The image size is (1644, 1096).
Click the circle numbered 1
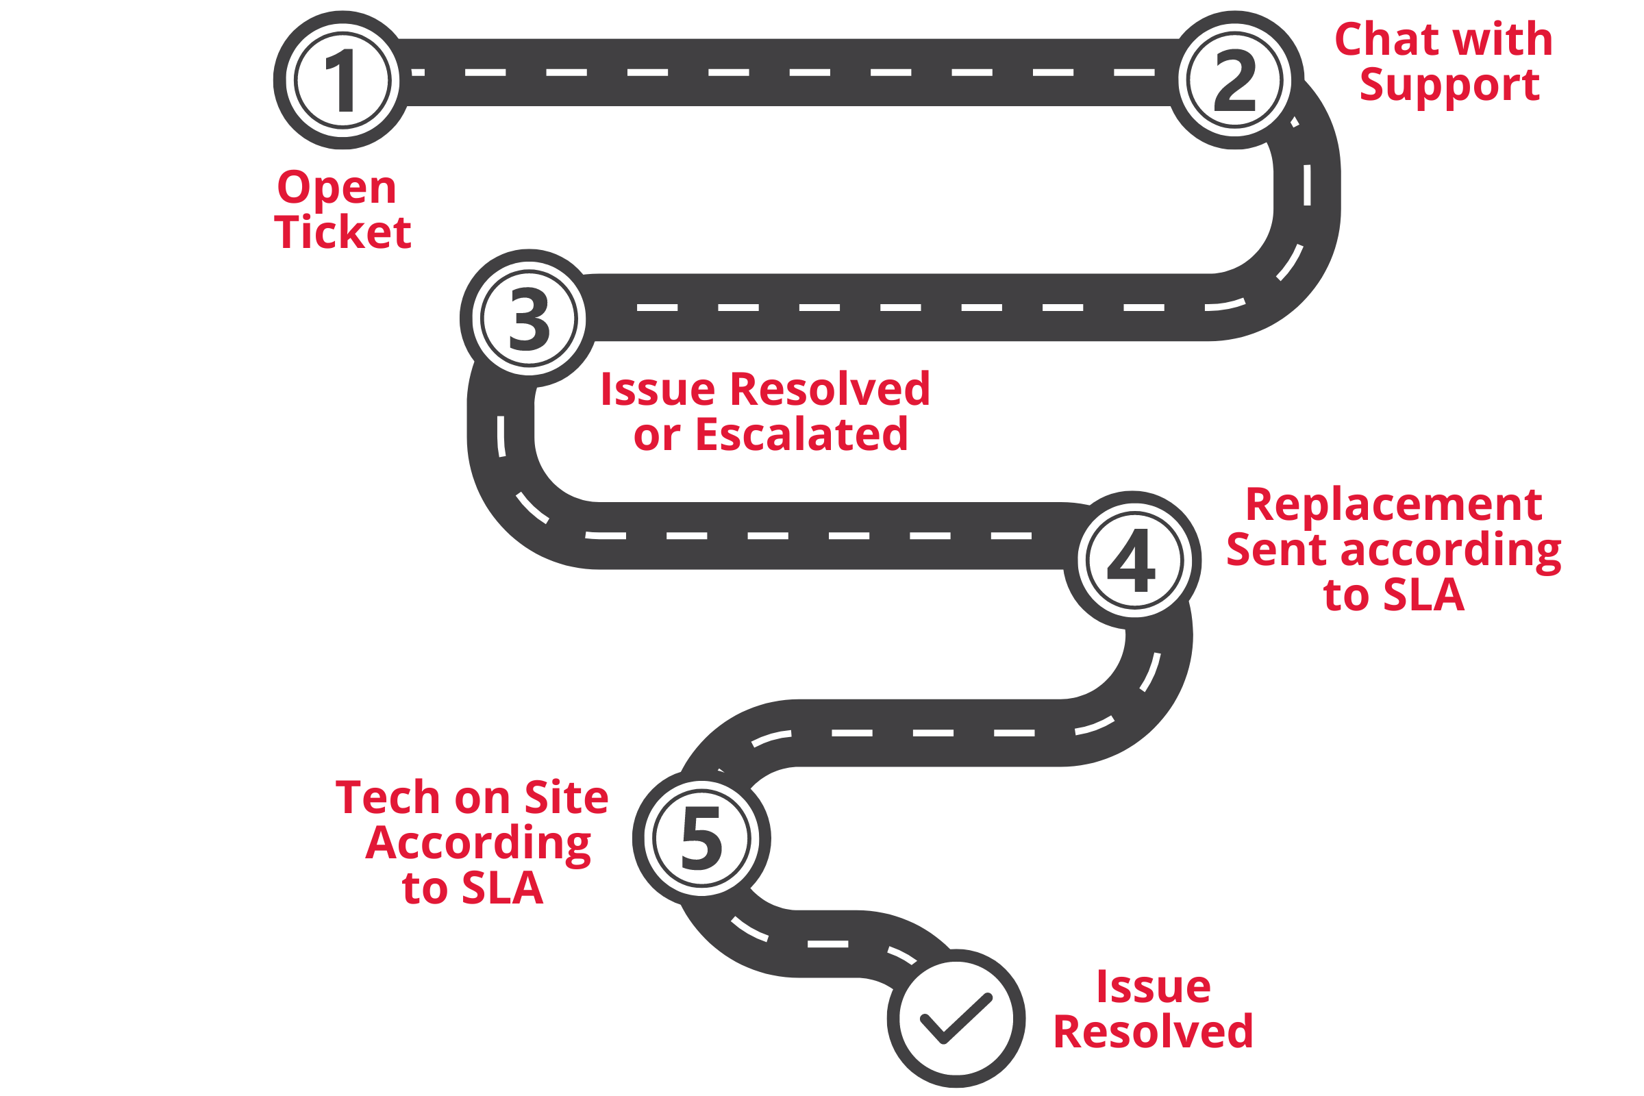342,80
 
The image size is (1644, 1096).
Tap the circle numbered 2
1234,80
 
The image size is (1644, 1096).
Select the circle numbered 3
529,318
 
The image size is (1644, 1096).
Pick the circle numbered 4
1134,560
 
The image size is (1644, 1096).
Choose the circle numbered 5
701,838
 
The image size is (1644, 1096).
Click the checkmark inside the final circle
956,1019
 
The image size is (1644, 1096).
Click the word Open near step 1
337,190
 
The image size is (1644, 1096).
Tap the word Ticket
342,232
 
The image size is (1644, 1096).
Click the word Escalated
801,435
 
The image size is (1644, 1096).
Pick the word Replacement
1394,506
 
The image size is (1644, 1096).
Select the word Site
567,797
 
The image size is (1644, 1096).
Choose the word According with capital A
478,845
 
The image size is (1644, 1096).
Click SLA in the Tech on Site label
503,888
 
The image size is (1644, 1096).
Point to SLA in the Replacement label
1424,595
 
